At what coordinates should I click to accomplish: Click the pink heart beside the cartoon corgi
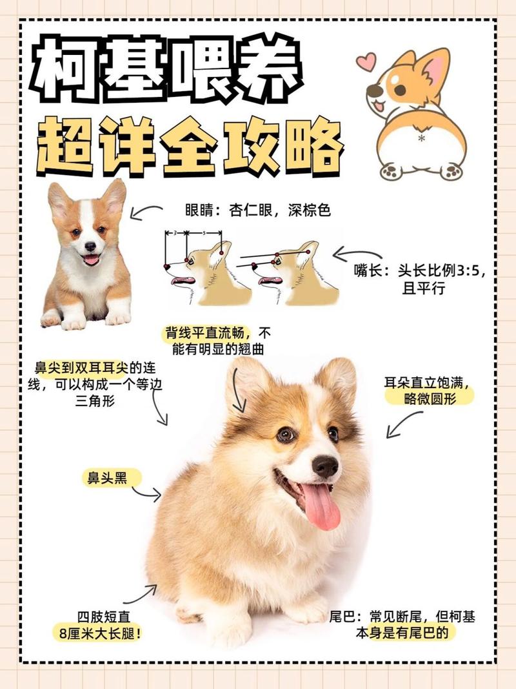[366, 62]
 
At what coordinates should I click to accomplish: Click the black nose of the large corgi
[324, 465]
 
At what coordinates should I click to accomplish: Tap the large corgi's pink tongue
[321, 506]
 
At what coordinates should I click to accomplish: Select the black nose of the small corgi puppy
[90, 246]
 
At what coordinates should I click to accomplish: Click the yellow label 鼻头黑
[107, 478]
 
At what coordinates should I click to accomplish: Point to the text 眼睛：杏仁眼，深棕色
[257, 211]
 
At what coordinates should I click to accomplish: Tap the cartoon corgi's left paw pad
[389, 172]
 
